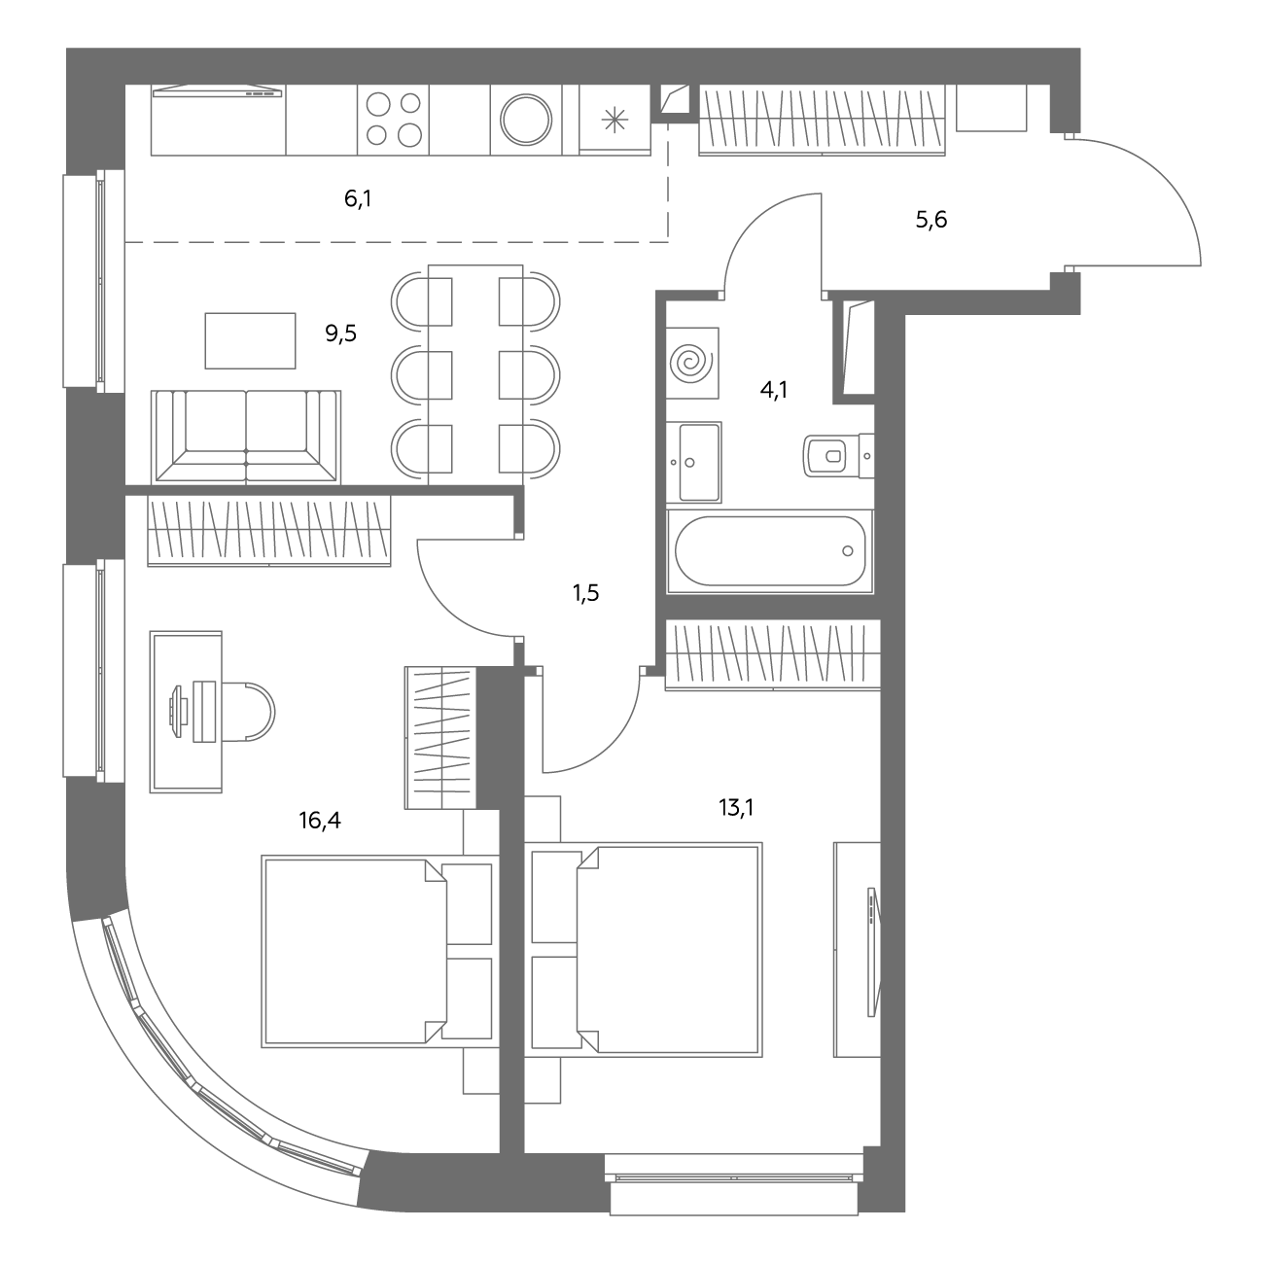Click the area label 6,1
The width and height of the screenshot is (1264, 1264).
coord(358,198)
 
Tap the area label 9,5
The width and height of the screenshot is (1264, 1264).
coord(340,334)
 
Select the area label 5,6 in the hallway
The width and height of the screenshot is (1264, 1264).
coord(930,220)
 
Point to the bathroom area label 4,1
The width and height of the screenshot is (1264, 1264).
coord(773,390)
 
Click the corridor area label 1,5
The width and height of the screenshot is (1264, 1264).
coord(585,593)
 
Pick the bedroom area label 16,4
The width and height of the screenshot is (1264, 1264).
coord(320,820)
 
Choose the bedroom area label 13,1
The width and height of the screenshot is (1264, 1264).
coord(736,807)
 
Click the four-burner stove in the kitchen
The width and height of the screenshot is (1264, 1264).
coord(393,120)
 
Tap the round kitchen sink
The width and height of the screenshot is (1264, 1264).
coord(525,120)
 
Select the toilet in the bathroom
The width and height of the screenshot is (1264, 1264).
coord(837,455)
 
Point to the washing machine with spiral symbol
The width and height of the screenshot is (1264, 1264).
coord(692,363)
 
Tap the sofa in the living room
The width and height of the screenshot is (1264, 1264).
coord(246,437)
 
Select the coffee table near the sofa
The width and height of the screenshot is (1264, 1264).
coord(250,340)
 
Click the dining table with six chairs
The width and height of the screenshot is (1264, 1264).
coord(475,374)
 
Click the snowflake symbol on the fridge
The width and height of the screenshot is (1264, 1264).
coord(614,120)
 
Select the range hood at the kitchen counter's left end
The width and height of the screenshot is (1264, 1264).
coord(217,91)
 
